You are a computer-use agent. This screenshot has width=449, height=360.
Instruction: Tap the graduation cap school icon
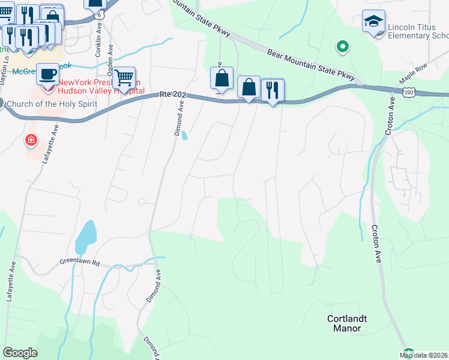point(373,22)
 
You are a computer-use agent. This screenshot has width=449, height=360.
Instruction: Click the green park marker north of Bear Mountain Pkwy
point(343,46)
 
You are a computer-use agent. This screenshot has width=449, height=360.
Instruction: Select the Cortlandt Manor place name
point(348,323)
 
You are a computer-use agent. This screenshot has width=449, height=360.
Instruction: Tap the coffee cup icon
point(47,74)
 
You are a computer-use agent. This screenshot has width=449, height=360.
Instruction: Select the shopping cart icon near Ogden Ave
point(124,78)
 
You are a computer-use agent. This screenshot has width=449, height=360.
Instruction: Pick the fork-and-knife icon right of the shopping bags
point(274,90)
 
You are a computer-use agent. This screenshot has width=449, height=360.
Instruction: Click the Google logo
point(20,352)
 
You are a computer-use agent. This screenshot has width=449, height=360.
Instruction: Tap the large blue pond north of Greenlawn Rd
point(85,237)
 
